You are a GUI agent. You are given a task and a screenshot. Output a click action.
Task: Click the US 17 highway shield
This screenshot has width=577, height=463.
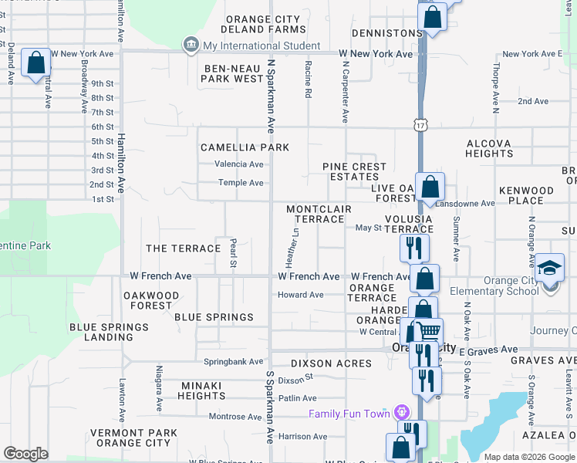419,124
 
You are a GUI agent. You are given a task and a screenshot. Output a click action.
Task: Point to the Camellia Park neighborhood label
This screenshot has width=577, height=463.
245,147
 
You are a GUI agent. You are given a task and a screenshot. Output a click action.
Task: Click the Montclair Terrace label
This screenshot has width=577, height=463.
319,215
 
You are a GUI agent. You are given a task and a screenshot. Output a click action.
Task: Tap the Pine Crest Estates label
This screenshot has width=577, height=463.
350,171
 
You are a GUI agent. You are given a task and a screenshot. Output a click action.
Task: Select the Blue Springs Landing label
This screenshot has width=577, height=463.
109,333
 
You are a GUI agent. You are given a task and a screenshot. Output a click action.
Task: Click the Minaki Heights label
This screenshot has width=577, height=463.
201,390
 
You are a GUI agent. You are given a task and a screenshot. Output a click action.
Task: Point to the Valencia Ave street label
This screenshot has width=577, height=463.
239,164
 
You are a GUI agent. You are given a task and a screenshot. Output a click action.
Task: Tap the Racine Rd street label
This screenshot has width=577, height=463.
308,79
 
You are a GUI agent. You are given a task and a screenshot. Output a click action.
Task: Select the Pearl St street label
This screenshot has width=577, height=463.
232,254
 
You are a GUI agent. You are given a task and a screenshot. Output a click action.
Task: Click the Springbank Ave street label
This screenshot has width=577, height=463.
233,361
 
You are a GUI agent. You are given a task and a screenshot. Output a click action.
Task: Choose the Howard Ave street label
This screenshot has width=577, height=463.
301,295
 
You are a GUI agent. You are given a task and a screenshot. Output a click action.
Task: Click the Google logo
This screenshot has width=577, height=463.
25,454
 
